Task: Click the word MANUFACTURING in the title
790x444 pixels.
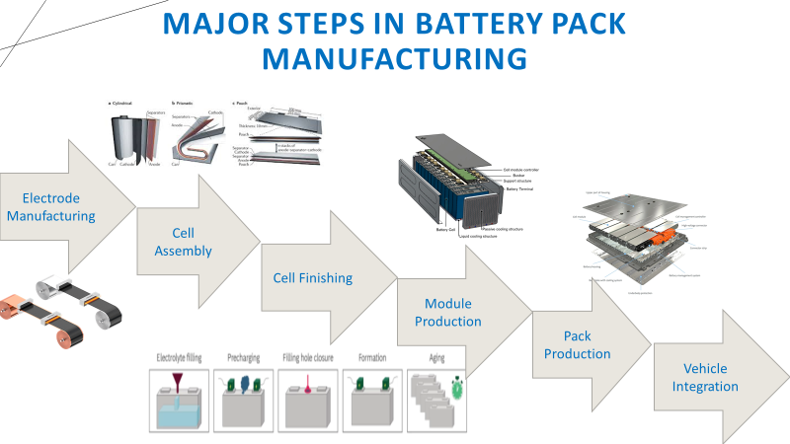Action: tap(394, 58)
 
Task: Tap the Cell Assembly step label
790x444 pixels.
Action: tap(183, 242)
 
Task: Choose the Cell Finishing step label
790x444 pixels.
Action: tap(312, 278)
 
